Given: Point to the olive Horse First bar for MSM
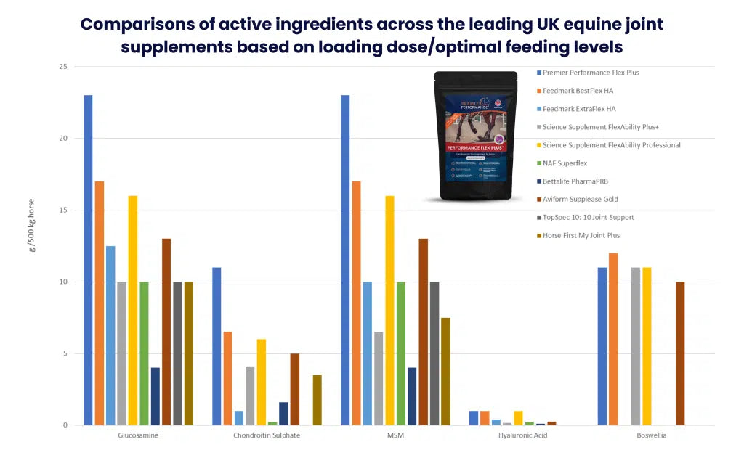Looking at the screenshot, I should tap(445, 371).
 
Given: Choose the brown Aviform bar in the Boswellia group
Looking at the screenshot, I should tap(680, 353).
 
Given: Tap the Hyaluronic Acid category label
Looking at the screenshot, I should tap(522, 435).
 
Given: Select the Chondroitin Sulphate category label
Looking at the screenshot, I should tap(267, 435).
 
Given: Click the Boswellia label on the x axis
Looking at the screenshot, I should tap(651, 435).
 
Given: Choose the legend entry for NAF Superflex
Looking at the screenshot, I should tap(571, 163).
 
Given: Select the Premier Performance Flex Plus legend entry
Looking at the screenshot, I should tap(590, 73).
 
